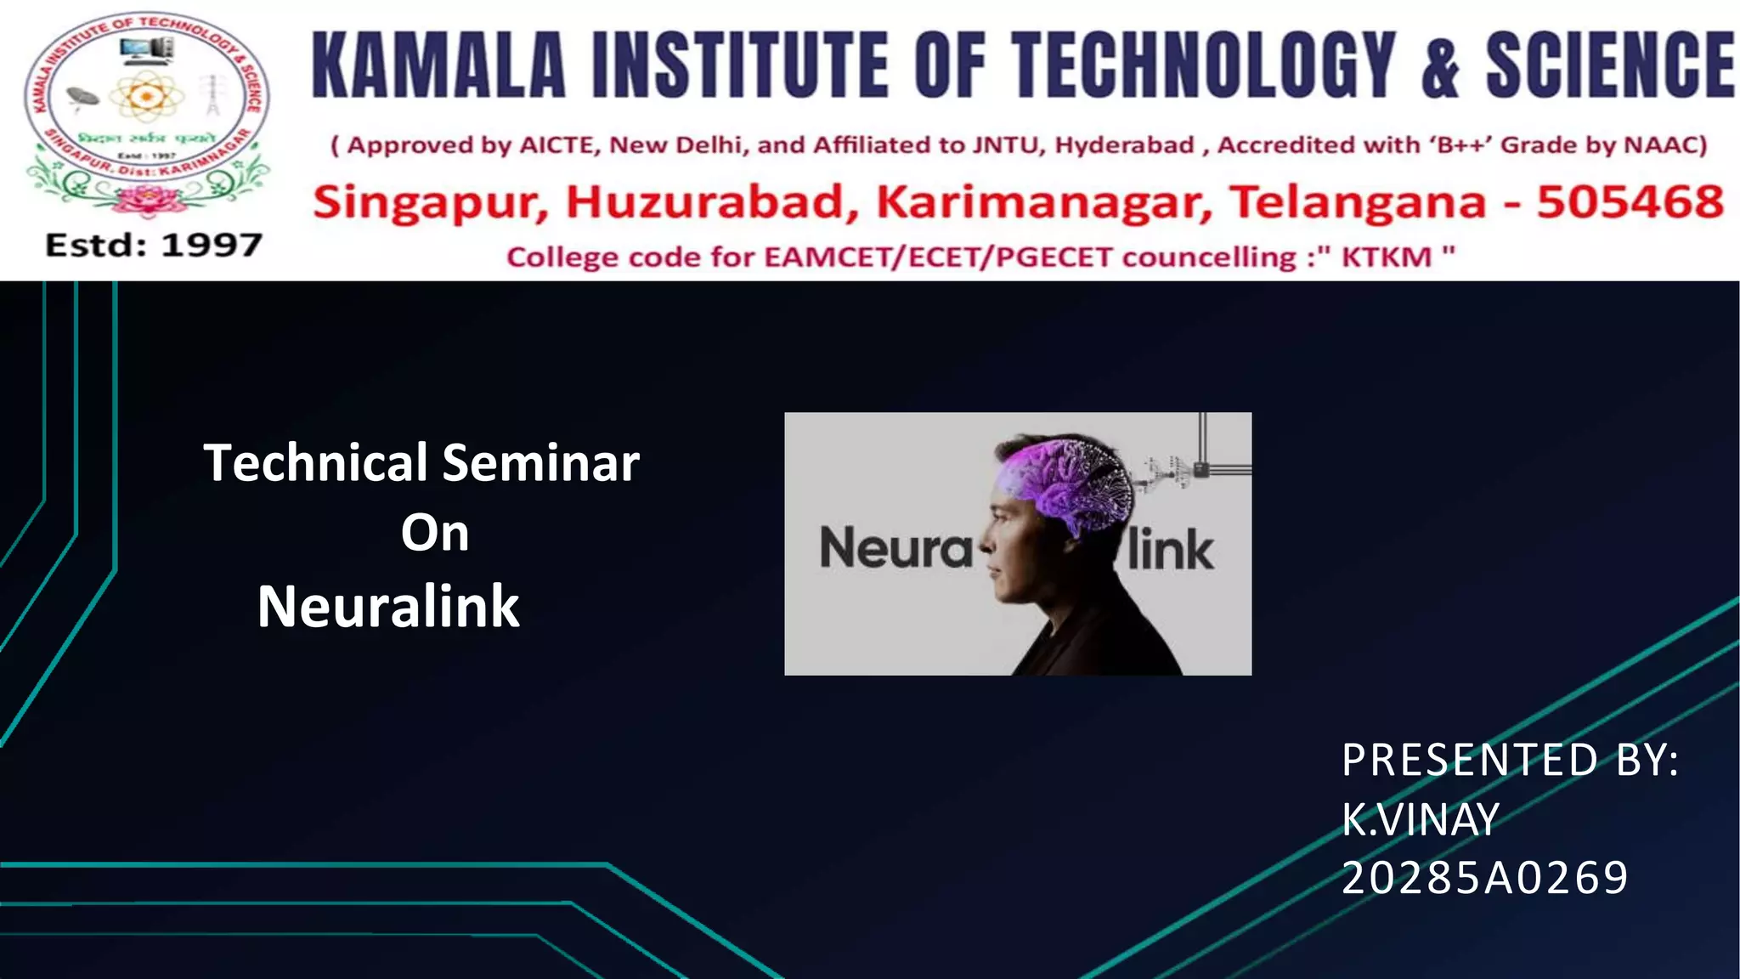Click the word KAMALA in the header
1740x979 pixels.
pyautogui.click(x=438, y=65)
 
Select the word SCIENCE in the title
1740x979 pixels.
pyautogui.click(x=1609, y=65)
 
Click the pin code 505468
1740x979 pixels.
pyautogui.click(x=1630, y=202)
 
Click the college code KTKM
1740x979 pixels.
pyautogui.click(x=1386, y=257)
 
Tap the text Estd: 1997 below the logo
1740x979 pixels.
pyautogui.click(x=154, y=245)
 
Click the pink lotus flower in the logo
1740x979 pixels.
pyautogui.click(x=145, y=201)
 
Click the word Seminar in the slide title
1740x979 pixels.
pyautogui.click(x=540, y=463)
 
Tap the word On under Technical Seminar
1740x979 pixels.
pyautogui.click(x=435, y=534)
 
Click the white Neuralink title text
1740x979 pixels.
pyautogui.click(x=388, y=607)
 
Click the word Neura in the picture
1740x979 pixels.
pyautogui.click(x=895, y=547)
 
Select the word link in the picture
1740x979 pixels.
pyautogui.click(x=1170, y=549)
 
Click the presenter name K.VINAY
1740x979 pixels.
pyautogui.click(x=1420, y=820)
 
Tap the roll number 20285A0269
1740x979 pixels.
pyautogui.click(x=1484, y=878)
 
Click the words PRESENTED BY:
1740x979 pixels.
pyautogui.click(x=1510, y=760)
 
